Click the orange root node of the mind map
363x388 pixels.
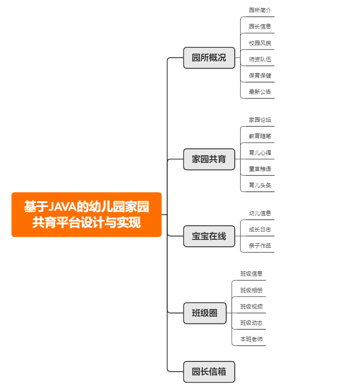pyautogui.click(x=86, y=215)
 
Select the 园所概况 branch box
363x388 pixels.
pyautogui.click(x=209, y=58)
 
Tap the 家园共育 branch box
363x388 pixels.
pyautogui.click(x=209, y=159)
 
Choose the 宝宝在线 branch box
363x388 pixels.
pyautogui.click(x=209, y=236)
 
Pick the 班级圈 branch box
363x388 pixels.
pyautogui.click(x=205, y=313)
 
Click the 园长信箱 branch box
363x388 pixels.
pyautogui.click(x=209, y=372)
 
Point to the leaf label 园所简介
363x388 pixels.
pyautogui.click(x=260, y=10)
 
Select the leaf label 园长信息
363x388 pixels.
pyautogui.click(x=260, y=26)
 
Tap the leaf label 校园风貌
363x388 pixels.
pyautogui.click(x=260, y=43)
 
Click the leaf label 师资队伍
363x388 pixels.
pyautogui.click(x=260, y=59)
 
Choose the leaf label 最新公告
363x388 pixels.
pyautogui.click(x=260, y=92)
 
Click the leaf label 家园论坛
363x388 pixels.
pyautogui.click(x=260, y=120)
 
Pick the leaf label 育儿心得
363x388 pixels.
pyautogui.click(x=260, y=152)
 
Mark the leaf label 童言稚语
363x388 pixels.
pyautogui.click(x=260, y=169)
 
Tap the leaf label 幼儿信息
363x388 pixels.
pyautogui.click(x=260, y=213)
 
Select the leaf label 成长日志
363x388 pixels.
pyautogui.click(x=260, y=229)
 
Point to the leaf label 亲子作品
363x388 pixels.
pyautogui.click(x=260, y=245)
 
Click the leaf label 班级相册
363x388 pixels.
pyautogui.click(x=251, y=290)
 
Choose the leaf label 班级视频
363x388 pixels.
pyautogui.click(x=251, y=306)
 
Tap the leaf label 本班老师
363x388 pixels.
pyautogui.click(x=251, y=339)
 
